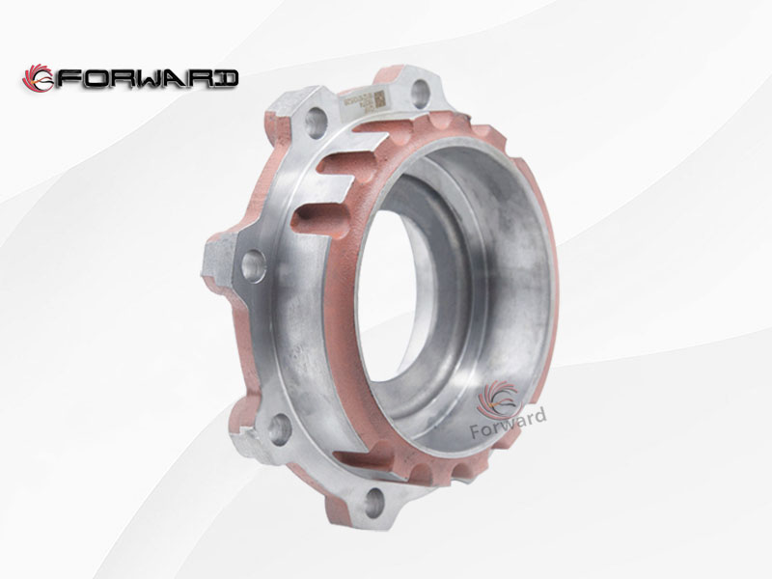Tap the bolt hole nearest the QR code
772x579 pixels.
420,93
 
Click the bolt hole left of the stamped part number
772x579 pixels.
316,122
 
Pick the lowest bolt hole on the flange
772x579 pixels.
374,499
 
